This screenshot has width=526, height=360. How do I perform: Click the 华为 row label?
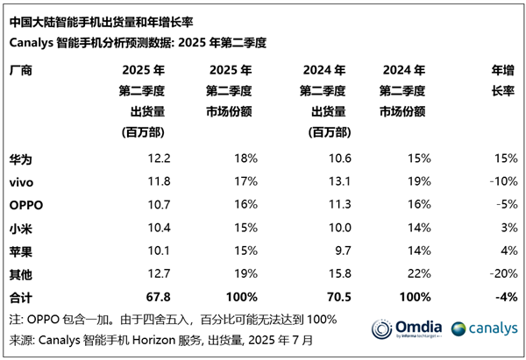coord(21,158)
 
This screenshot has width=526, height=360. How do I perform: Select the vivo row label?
coord(23,181)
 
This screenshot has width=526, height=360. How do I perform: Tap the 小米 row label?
coord(21,227)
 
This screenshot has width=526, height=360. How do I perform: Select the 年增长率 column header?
coord(502,81)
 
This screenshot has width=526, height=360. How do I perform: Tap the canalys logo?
coord(483,329)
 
